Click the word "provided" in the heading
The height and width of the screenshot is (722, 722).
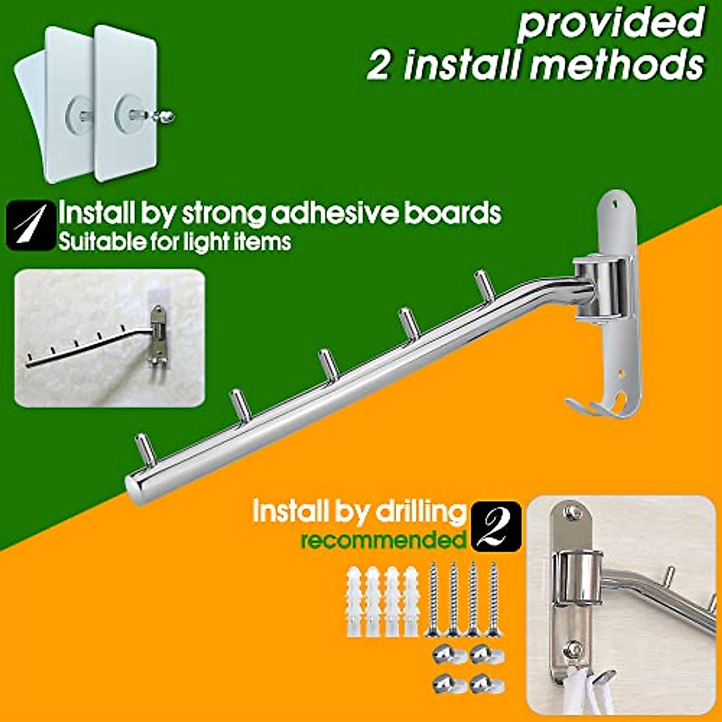coord(611,24)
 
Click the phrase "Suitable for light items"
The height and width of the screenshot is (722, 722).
coord(174,242)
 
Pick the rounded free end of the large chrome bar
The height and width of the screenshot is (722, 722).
coord(134,484)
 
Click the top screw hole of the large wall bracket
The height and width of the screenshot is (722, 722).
coord(615,204)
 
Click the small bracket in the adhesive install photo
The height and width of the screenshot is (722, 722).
coord(158,337)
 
